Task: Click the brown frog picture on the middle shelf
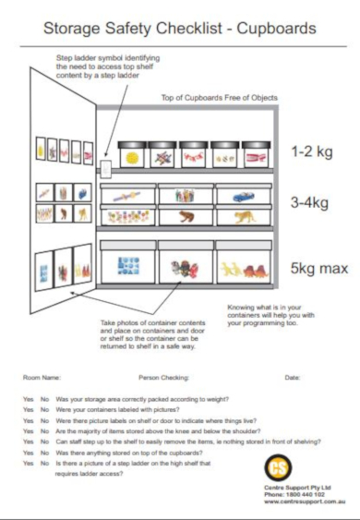coord(185,218)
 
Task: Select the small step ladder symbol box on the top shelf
coord(105,169)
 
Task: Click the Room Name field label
coord(42,378)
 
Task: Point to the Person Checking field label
coord(163,378)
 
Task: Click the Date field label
coord(293,378)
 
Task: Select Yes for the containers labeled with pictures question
coord(28,407)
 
